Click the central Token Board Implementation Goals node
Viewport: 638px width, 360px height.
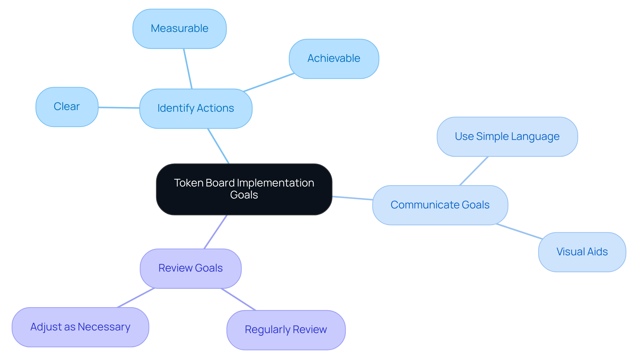click(x=244, y=189)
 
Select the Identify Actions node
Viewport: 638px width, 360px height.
click(x=196, y=108)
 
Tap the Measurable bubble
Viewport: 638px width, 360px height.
click(x=179, y=29)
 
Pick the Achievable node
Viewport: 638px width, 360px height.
click(x=334, y=59)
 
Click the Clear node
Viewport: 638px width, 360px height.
click(x=67, y=107)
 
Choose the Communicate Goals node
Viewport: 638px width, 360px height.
click(x=440, y=205)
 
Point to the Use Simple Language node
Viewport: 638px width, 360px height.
click(x=507, y=137)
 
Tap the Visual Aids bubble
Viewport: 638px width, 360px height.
click(x=582, y=252)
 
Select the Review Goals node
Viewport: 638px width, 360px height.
click(x=190, y=268)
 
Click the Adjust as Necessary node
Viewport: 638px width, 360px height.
click(x=80, y=327)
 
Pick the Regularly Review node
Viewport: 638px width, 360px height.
click(x=286, y=330)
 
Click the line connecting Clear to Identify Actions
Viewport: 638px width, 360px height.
click(x=119, y=108)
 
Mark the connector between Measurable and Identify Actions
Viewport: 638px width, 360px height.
click(x=188, y=68)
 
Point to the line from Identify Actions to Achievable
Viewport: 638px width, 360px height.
click(x=269, y=82)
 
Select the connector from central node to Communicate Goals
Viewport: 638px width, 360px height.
click(x=352, y=198)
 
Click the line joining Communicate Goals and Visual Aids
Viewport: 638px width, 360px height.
click(x=519, y=231)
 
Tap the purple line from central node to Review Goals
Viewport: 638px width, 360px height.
click(x=215, y=232)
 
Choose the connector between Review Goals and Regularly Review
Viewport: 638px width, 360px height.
click(x=238, y=300)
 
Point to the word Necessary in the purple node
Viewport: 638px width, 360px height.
click(x=104, y=327)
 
